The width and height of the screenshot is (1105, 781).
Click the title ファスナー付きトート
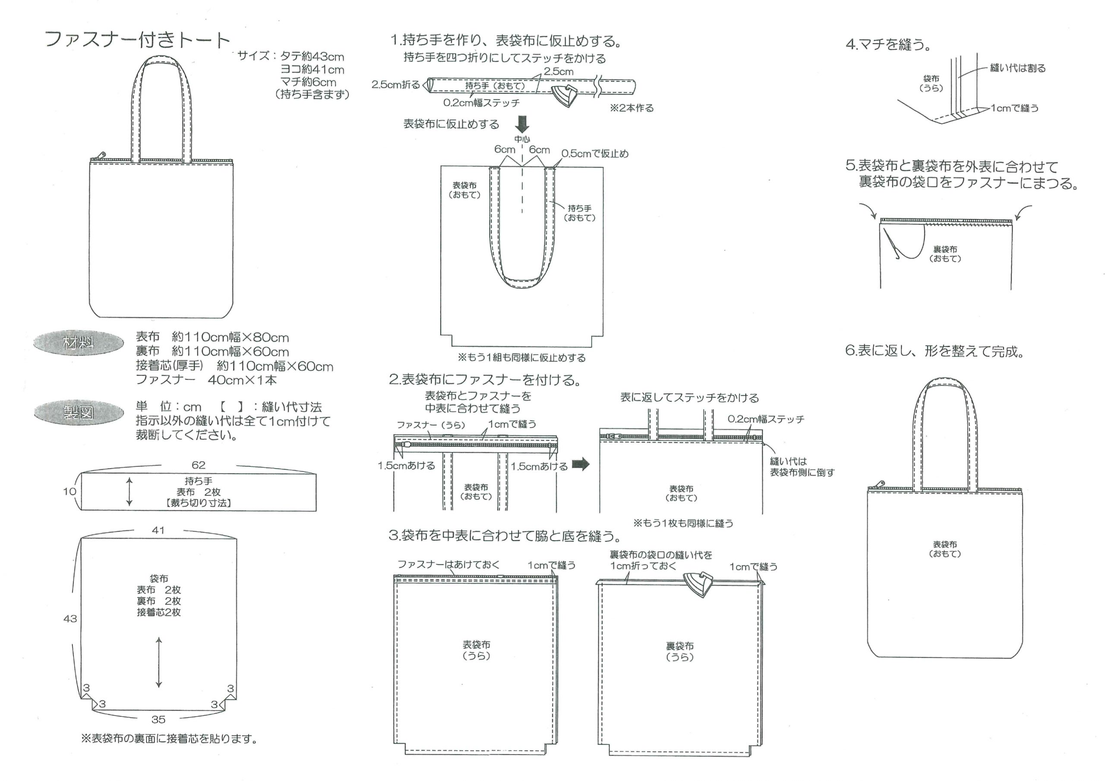click(x=138, y=39)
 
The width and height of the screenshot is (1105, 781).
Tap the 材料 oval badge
click(x=78, y=343)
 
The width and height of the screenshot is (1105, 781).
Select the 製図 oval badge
click(x=79, y=413)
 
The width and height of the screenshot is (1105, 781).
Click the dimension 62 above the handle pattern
click(x=198, y=465)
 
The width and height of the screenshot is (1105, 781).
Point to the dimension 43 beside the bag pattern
click(x=70, y=619)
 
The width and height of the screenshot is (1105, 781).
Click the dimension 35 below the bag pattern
click(x=158, y=719)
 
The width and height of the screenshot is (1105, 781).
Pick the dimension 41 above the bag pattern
click(x=158, y=530)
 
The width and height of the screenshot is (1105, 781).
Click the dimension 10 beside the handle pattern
click(x=70, y=491)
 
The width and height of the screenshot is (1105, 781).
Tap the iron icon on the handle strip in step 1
click(x=566, y=96)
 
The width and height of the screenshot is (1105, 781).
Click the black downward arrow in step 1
click(x=522, y=124)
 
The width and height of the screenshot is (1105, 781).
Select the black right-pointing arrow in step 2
click(x=581, y=464)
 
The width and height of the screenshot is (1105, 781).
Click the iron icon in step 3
click(x=699, y=584)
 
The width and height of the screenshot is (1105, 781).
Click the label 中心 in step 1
click(x=522, y=139)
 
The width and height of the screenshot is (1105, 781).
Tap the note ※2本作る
click(x=632, y=108)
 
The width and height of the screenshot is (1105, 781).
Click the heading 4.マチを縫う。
click(x=888, y=45)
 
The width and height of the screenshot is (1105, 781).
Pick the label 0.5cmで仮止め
click(x=595, y=154)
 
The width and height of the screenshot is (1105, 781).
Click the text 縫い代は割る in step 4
click(x=1018, y=68)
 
